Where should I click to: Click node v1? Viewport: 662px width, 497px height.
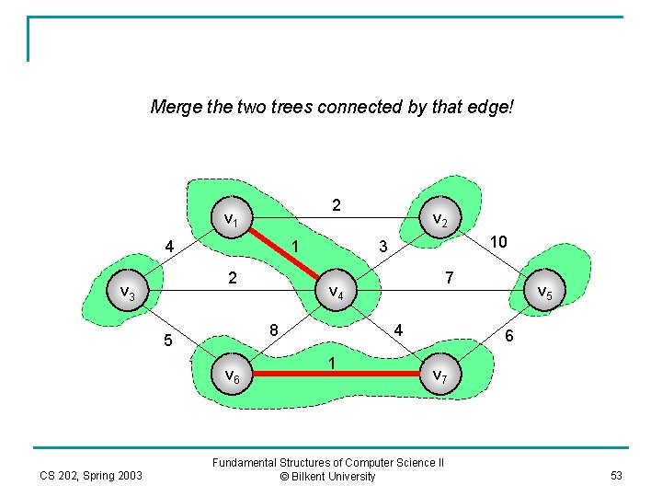point(232,220)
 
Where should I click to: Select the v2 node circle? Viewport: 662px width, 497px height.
point(439,221)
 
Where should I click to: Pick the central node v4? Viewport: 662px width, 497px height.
point(337,293)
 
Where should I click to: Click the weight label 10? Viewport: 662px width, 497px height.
point(498,241)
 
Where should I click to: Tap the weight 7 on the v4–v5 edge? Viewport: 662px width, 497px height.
point(449,276)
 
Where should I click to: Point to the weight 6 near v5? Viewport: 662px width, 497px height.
point(510,338)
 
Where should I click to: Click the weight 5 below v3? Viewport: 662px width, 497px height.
point(168,341)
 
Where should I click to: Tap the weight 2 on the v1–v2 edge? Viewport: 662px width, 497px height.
point(337,205)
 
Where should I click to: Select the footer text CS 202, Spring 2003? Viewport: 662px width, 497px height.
point(91,475)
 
